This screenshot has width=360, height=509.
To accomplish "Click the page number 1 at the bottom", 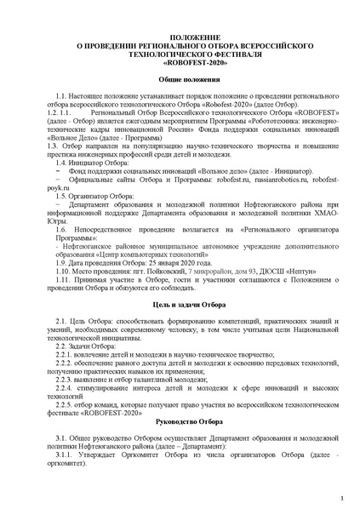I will (341, 496).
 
